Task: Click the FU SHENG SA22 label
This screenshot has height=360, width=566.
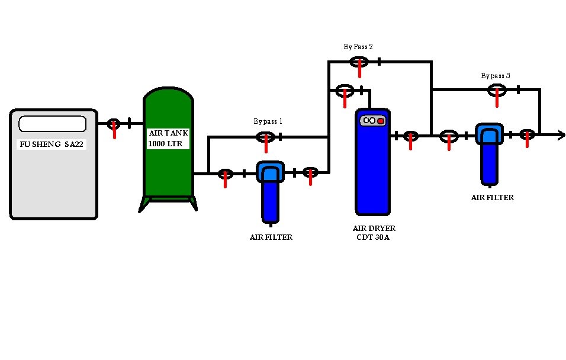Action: pyautogui.click(x=52, y=144)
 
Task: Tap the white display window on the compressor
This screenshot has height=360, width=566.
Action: pyautogui.click(x=52, y=124)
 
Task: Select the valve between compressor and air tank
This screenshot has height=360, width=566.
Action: pyautogui.click(x=113, y=124)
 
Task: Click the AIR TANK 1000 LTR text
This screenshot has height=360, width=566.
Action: pyautogui.click(x=168, y=139)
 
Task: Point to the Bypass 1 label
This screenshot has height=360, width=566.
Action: pyautogui.click(x=268, y=121)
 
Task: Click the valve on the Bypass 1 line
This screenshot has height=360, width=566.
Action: pyautogui.click(x=265, y=137)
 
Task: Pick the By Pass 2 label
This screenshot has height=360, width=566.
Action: pyautogui.click(x=358, y=46)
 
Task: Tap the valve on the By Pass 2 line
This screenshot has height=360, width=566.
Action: pyautogui.click(x=359, y=62)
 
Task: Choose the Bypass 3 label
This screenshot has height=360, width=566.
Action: pyautogui.click(x=496, y=76)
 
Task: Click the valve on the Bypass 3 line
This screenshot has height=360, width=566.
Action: pyautogui.click(x=497, y=90)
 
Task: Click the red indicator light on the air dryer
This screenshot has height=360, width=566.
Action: pyautogui.click(x=381, y=121)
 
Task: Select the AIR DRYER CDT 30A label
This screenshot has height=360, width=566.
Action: pyautogui.click(x=374, y=233)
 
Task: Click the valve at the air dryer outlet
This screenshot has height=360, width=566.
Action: pyautogui.click(x=410, y=136)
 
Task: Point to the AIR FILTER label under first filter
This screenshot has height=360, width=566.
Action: pyautogui.click(x=271, y=237)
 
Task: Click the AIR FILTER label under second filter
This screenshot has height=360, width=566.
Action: pyautogui.click(x=492, y=198)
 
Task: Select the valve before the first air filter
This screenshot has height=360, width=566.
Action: pyautogui.click(x=225, y=174)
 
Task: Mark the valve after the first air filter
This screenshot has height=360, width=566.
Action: pyautogui.click(x=310, y=173)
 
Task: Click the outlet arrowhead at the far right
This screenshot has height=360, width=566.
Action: pyautogui.click(x=560, y=135)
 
